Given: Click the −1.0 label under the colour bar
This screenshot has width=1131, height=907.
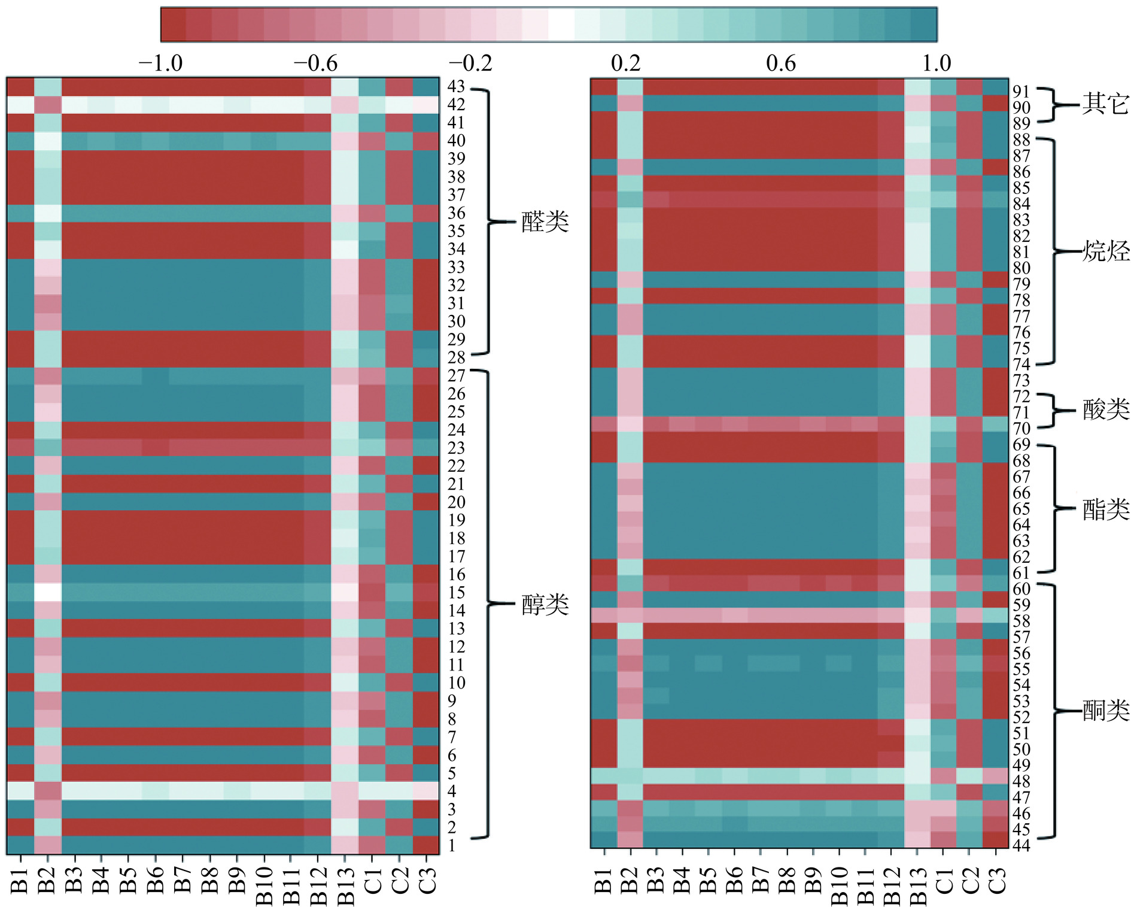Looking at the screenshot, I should coord(160,63).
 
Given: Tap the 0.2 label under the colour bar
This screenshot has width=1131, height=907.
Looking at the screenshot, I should coord(625,63).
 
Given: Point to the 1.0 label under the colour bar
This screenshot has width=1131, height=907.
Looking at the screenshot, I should coord(936,63).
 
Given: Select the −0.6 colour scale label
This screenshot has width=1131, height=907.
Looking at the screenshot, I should coord(315,63).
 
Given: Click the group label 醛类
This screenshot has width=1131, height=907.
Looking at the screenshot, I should coord(545,222).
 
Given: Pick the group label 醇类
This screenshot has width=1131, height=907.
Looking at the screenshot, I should coord(545,605).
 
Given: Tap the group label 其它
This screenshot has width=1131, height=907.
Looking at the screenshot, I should coord(1105,104).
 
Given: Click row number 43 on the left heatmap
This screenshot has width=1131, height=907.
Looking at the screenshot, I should coord(456,87).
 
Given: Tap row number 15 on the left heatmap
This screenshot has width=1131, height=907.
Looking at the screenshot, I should coord(456,593).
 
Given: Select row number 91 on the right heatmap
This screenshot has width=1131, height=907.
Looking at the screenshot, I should coord(1021,92).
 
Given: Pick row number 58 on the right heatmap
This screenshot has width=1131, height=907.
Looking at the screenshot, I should coord(1021,621).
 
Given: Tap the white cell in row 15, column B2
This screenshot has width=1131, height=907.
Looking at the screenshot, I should coord(48,592).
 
